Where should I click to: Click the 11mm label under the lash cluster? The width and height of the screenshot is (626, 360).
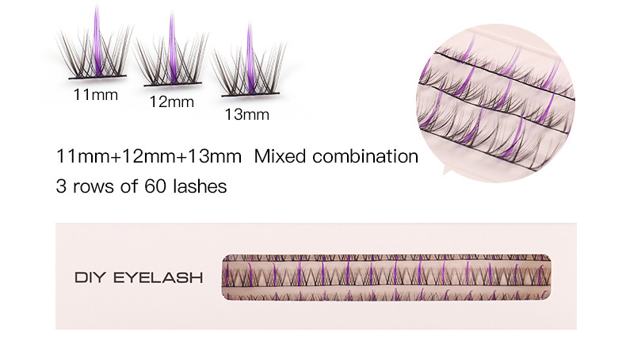95,95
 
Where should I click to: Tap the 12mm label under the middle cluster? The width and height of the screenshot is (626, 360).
172,102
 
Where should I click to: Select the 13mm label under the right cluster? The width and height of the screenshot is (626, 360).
246,115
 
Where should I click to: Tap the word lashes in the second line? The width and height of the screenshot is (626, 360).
200,188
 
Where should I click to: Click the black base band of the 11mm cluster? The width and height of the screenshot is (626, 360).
95,79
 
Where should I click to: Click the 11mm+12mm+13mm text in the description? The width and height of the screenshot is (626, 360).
148,156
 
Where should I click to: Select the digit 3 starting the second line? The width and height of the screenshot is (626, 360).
60,188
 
